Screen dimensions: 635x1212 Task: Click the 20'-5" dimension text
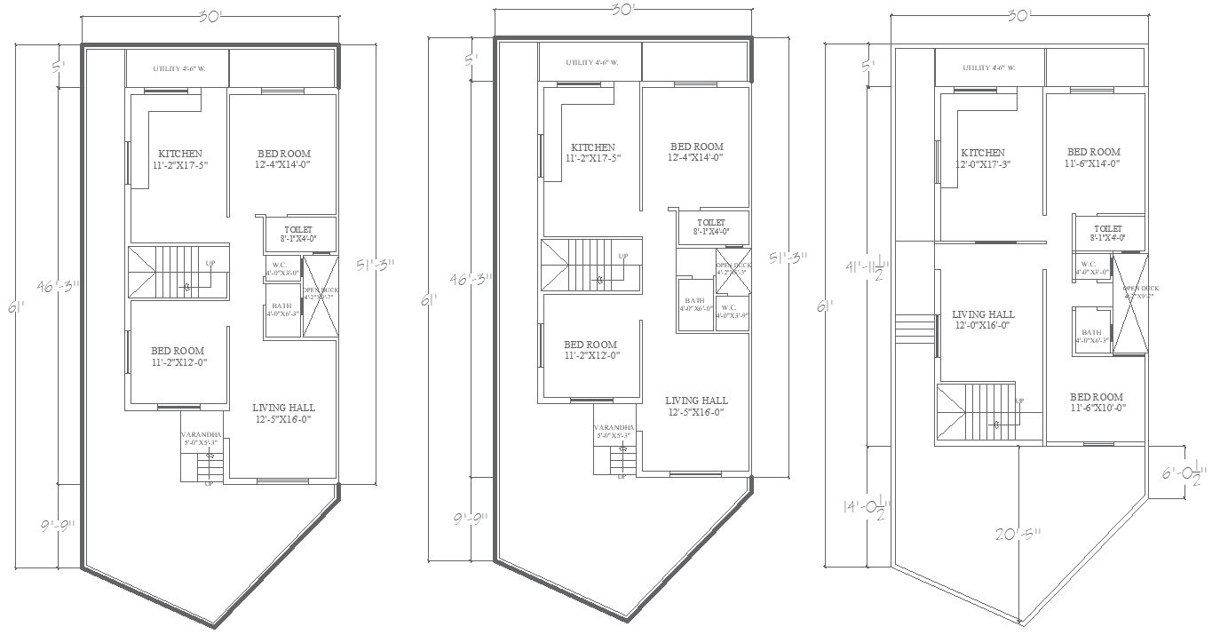[1016, 534]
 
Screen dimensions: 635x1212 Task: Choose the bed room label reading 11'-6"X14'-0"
[1093, 158]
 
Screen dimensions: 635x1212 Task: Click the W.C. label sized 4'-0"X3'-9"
[731, 310]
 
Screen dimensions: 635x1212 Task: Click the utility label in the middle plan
[591, 62]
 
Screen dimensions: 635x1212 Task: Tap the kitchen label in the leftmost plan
[180, 159]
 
